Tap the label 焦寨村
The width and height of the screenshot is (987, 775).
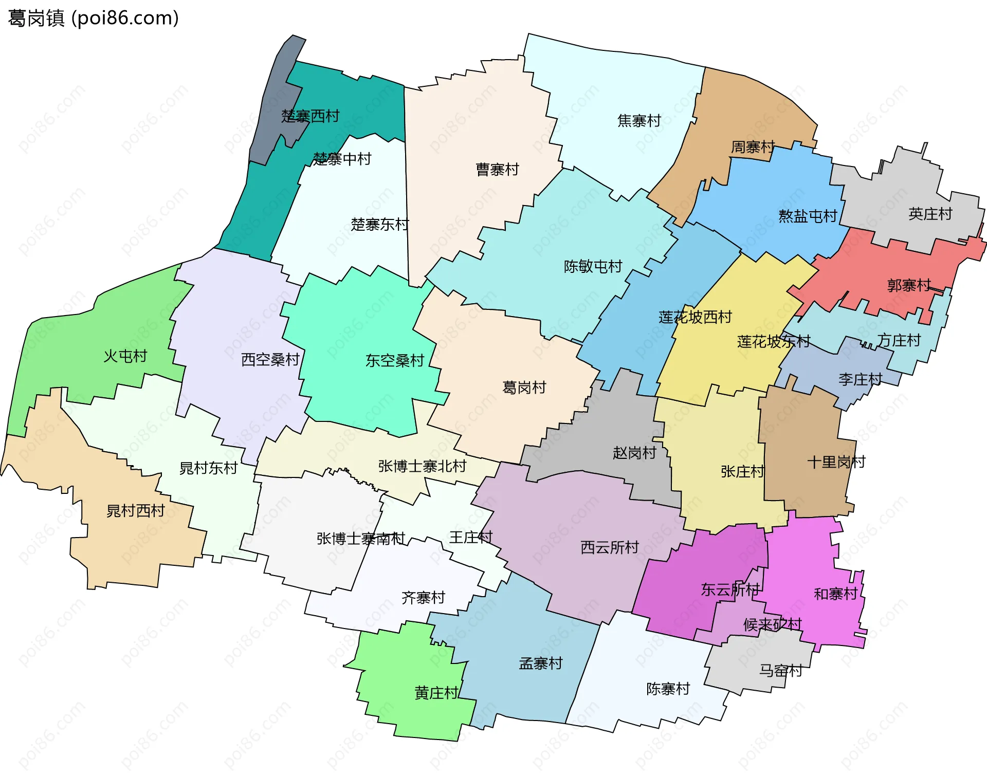point(639,121)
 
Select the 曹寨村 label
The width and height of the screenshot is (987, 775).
point(497,170)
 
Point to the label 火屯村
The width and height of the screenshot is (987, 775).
point(125,356)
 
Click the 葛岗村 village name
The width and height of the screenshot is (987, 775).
point(524,387)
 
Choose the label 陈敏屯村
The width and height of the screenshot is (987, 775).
point(593,266)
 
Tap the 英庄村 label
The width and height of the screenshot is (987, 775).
point(930,214)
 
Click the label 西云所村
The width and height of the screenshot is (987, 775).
point(609,547)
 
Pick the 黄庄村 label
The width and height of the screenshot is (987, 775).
point(436,693)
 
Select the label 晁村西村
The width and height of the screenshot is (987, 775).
point(135,511)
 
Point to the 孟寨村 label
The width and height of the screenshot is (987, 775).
point(541,663)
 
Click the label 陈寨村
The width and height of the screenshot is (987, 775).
point(668,689)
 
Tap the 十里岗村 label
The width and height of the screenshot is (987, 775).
point(836,462)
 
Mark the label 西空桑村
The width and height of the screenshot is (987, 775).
point(270,360)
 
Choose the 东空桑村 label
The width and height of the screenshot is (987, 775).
point(394,361)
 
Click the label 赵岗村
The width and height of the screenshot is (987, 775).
point(634,453)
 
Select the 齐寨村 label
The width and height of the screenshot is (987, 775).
point(423,598)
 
